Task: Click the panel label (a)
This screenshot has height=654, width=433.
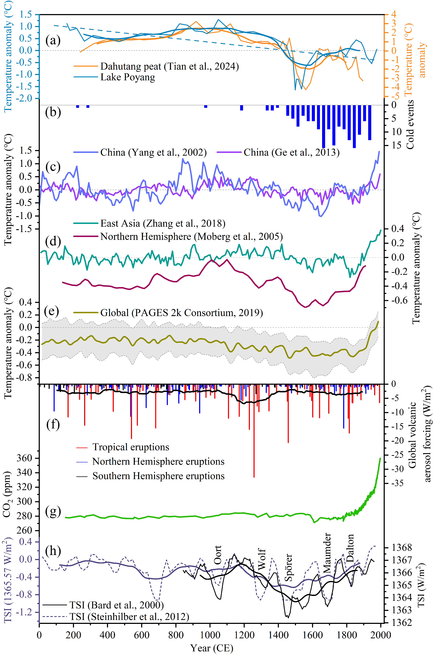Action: click(53, 41)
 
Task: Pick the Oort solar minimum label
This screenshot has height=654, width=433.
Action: click(218, 555)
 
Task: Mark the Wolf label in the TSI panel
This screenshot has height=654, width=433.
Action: click(262, 559)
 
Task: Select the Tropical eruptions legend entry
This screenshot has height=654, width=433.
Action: click(131, 447)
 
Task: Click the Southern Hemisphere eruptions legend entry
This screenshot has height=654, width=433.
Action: click(158, 476)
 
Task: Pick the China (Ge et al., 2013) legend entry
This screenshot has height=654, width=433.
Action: click(291, 152)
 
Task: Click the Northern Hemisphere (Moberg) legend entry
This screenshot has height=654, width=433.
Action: click(191, 236)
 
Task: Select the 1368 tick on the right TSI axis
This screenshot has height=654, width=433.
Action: click(402, 548)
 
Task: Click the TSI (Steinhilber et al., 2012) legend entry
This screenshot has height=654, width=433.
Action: click(129, 617)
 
